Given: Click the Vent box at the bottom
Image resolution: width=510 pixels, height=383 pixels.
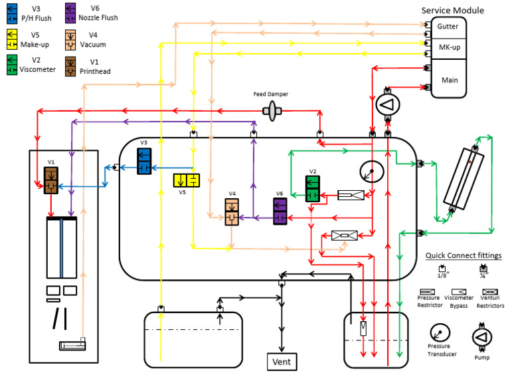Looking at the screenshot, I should [x=282, y=361].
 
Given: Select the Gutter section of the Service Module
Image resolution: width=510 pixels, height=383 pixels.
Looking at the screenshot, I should [x=448, y=26].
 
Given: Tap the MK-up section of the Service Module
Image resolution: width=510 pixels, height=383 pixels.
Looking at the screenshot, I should [x=448, y=49].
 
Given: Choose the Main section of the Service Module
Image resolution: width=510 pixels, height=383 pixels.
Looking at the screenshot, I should [x=448, y=79].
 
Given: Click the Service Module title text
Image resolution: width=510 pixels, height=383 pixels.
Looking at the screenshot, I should [x=453, y=10].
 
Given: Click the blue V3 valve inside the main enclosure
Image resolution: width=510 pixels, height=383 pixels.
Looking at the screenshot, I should [x=145, y=162].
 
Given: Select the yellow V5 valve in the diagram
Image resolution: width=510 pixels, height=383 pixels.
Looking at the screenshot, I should [x=186, y=180].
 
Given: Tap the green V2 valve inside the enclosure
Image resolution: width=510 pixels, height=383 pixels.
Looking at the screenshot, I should [x=313, y=188].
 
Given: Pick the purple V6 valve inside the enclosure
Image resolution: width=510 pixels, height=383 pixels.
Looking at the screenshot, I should [x=280, y=211].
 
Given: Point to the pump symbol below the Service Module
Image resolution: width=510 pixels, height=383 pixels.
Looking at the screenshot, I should [x=386, y=104].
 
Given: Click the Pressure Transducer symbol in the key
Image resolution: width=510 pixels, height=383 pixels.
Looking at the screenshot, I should [x=438, y=332].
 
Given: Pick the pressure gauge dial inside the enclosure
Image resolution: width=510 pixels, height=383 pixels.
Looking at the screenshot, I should [x=371, y=172].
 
